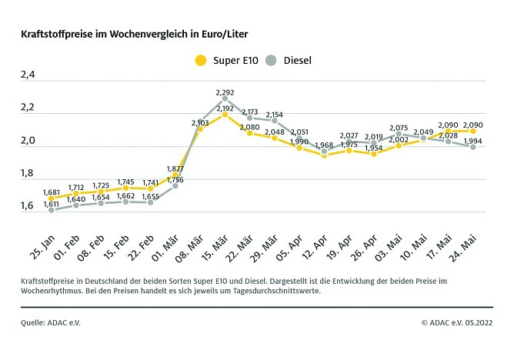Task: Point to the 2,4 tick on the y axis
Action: coord(28,76)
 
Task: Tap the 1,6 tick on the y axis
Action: coord(28,206)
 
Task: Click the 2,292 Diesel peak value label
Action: coord(225,92)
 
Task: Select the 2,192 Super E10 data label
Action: coord(225,108)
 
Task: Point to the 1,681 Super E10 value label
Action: coord(52,192)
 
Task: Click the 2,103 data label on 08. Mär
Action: coord(200,122)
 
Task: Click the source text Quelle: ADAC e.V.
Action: coord(50,322)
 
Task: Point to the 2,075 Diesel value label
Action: coord(399,128)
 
